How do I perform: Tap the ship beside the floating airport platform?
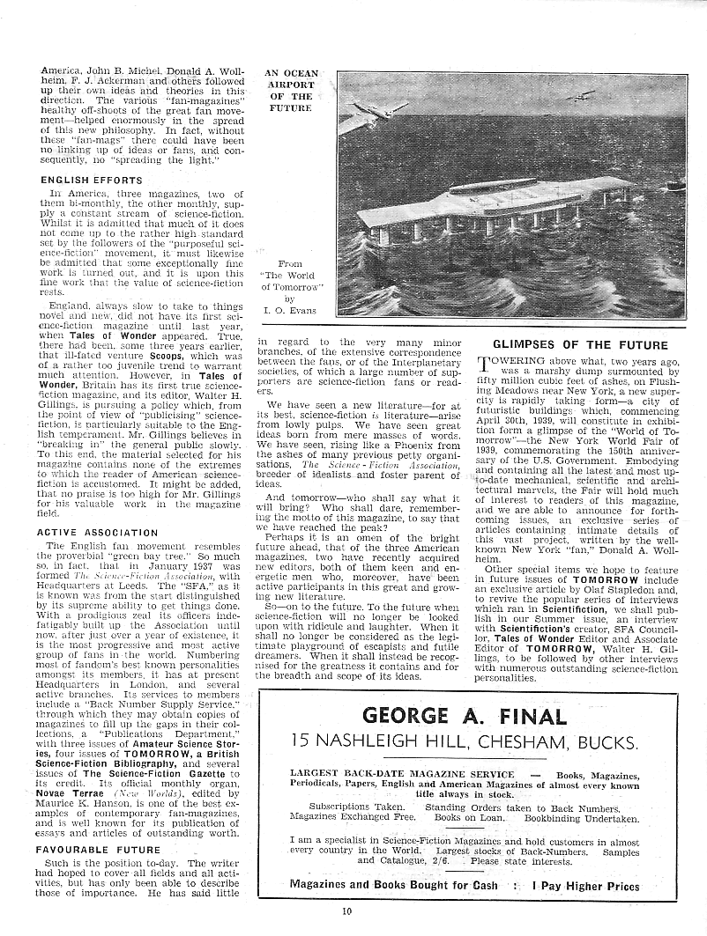(x=674, y=185)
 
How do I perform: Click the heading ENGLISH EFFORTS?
(x=85, y=180)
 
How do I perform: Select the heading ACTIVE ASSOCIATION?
(x=97, y=533)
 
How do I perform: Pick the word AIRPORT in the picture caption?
(x=290, y=85)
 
